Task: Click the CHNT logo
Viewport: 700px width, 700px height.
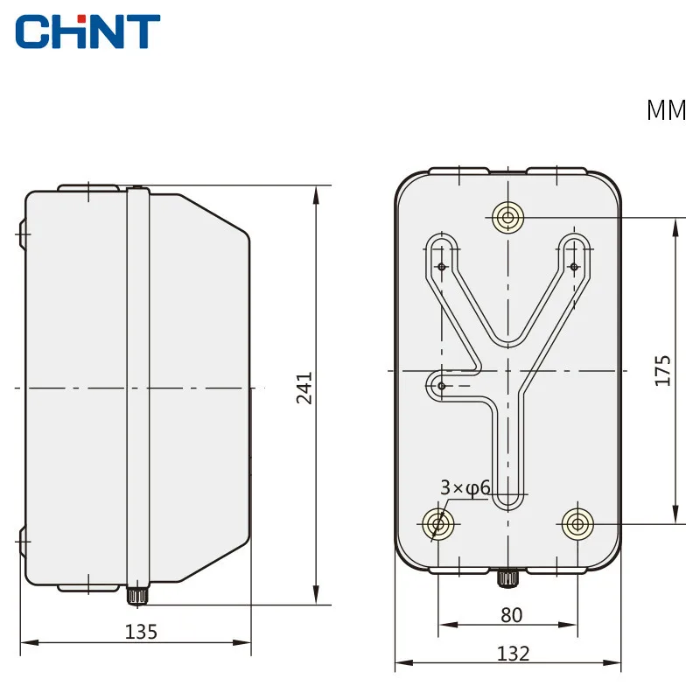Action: click(x=87, y=31)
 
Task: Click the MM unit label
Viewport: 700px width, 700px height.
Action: click(x=667, y=111)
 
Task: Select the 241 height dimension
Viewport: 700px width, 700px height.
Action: click(x=304, y=388)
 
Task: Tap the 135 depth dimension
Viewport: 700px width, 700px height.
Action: click(x=141, y=631)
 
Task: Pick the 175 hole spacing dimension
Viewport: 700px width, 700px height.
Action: click(x=662, y=370)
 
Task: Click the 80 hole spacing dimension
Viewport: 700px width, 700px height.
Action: click(x=511, y=614)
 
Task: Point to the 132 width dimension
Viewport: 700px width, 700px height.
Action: click(x=514, y=653)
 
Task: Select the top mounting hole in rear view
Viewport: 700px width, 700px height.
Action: click(x=507, y=217)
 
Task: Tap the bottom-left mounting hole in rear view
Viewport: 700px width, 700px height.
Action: click(x=438, y=524)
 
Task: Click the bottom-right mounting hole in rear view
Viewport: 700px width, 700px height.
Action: click(x=577, y=524)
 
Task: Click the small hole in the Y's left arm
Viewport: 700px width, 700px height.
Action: click(x=442, y=266)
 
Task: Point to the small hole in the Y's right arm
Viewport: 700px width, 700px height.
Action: click(x=574, y=266)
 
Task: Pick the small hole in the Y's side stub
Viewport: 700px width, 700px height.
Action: click(x=442, y=386)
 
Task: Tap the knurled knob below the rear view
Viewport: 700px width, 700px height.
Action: click(x=507, y=578)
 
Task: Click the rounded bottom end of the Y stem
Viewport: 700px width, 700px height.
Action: click(x=507, y=500)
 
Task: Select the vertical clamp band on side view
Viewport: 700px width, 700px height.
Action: click(x=136, y=385)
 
